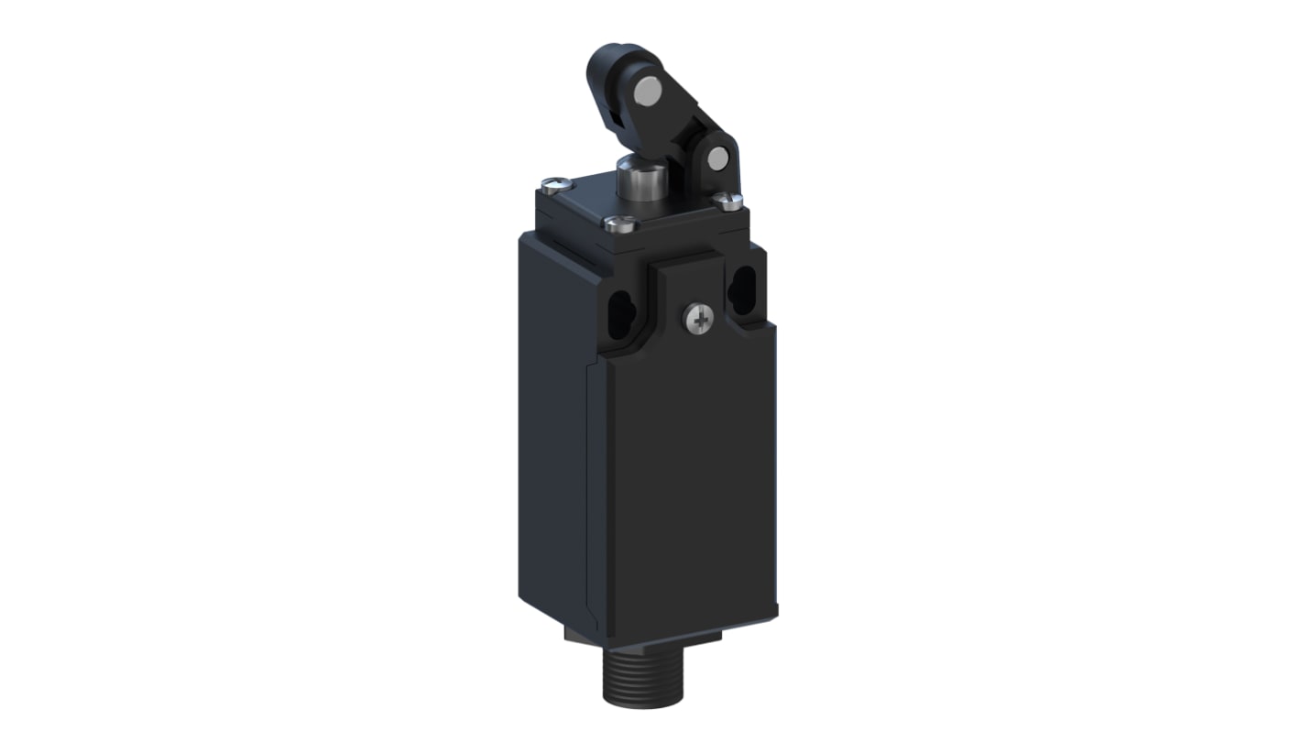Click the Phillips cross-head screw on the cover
[698, 319]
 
